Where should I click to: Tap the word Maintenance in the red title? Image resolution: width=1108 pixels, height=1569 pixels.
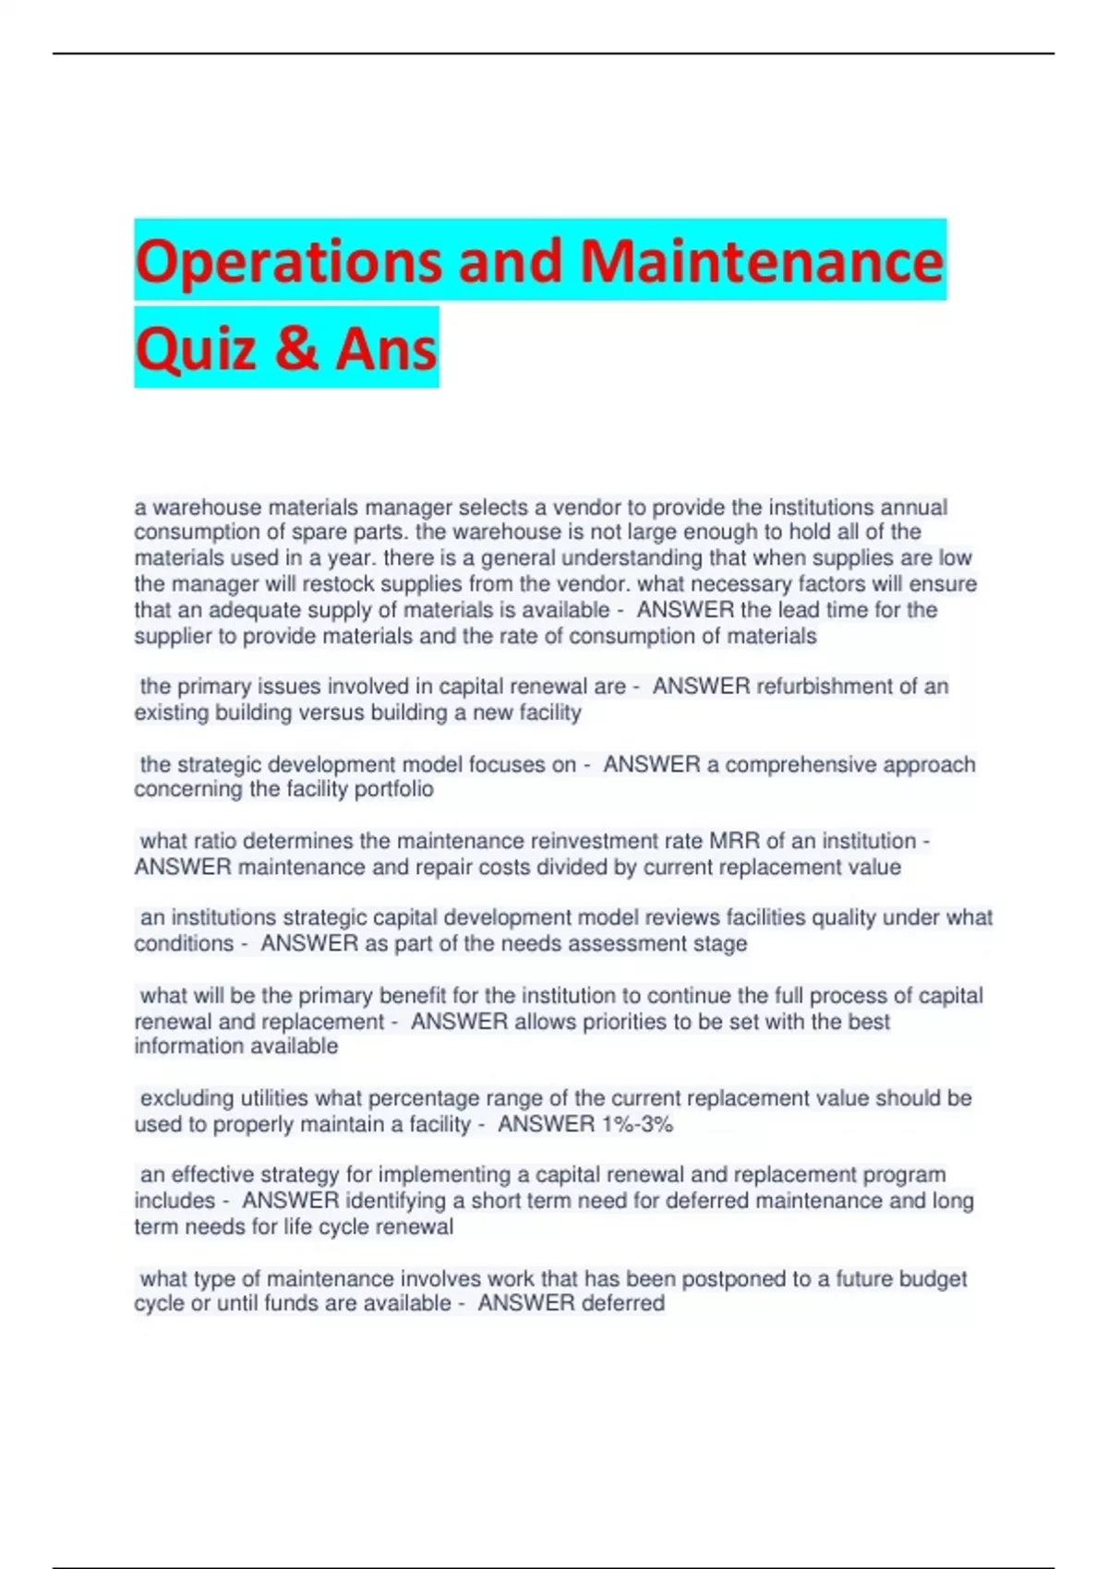click(x=762, y=261)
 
